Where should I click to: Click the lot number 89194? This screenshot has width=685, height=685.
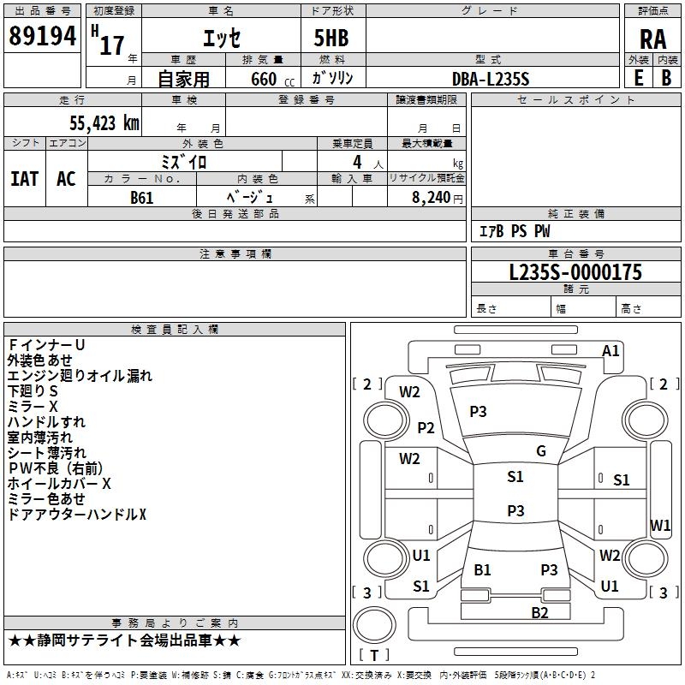pos(41,36)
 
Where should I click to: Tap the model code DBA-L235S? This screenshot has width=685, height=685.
pos(491,78)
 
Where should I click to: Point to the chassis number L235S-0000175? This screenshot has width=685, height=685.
pos(575,273)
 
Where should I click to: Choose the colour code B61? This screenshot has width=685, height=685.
pos(143,197)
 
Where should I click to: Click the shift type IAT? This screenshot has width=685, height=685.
pos(24,178)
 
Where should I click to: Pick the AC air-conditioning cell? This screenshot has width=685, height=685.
pos(66,178)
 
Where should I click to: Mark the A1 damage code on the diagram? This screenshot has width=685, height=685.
pos(611,350)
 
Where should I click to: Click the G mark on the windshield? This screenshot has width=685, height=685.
pos(541,451)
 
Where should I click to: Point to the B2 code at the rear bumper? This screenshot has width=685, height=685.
pos(539,612)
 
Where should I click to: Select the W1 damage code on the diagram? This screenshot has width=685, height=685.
pos(660,525)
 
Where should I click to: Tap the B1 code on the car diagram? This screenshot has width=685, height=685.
pos(483,569)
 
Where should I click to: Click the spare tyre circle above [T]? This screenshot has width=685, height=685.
pos(373,625)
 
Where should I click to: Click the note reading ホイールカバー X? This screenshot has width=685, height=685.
pos(59,483)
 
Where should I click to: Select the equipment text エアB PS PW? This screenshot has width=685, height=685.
pos(514,231)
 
